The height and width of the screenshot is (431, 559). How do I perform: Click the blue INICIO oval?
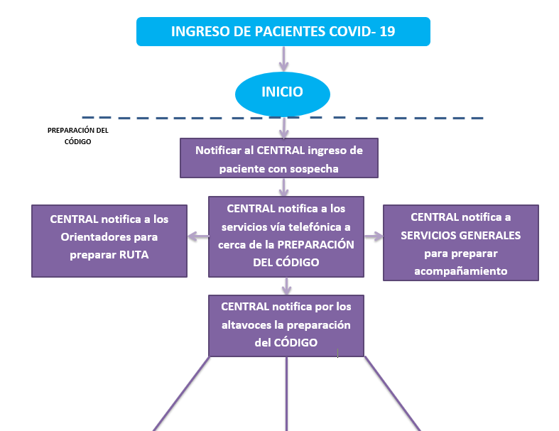pos(283,92)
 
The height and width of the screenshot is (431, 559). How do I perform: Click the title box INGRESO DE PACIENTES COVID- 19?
pos(283,32)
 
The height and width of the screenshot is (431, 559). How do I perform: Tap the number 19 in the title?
pos(388,32)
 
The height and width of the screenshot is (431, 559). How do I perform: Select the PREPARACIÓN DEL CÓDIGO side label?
pos(77,136)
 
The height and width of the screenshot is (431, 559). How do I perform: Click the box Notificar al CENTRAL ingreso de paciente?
pos(278,158)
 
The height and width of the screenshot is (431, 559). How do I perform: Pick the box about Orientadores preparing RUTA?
pos(109,241)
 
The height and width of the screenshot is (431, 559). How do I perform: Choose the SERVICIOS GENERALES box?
pos(460,242)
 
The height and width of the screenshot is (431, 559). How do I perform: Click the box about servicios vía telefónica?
pos(286,236)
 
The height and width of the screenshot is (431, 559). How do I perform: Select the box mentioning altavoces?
pos(286,324)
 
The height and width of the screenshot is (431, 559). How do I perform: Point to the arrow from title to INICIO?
pos(284,59)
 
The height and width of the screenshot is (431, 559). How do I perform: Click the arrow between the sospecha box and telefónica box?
pos(284,187)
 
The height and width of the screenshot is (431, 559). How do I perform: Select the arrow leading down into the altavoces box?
pos(286,285)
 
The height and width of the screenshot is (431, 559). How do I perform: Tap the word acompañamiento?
pos(460,270)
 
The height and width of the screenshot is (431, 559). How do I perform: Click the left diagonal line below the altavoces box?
pos(182,393)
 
